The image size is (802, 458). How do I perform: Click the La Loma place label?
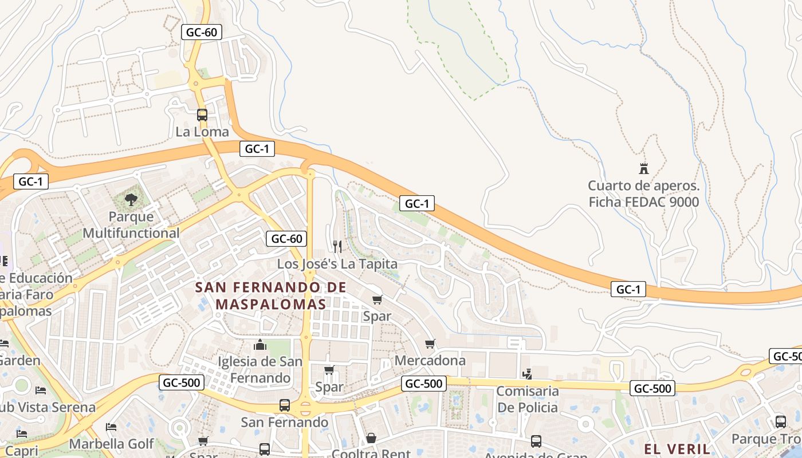tap(202, 132)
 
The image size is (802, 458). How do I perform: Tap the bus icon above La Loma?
tap(202, 115)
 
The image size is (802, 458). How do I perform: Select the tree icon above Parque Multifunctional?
tap(131, 200)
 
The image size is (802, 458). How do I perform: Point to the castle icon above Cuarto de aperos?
tap(643, 169)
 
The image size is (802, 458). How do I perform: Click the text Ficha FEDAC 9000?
tap(644, 202)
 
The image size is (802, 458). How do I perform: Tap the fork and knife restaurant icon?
tap(337, 247)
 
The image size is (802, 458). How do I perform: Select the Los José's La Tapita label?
tap(337, 264)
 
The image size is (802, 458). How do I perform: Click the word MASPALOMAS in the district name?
tap(271, 303)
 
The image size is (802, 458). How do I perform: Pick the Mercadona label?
tap(430, 361)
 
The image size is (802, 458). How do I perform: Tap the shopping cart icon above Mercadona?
tap(430, 344)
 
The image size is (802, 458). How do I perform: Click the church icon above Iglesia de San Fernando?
tap(260, 345)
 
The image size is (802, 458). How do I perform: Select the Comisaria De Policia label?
tap(527, 399)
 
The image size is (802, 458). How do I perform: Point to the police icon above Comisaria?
tap(527, 374)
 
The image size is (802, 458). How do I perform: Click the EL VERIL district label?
tap(677, 449)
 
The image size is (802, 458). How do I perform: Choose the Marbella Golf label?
tap(111, 444)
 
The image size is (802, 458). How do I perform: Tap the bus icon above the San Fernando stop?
tap(285, 405)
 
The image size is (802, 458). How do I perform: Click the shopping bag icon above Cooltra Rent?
tap(371, 439)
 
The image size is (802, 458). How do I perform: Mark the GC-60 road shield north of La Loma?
tap(202, 32)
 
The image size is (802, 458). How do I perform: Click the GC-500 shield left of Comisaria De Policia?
tap(423, 384)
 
